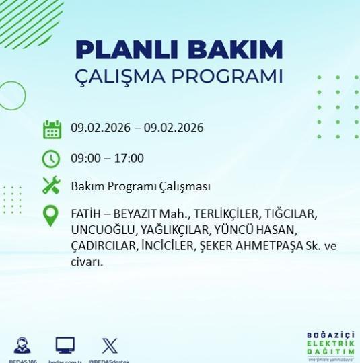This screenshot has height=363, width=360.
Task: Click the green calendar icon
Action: (x=52, y=129)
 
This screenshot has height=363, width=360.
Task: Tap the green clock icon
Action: (x=52, y=159)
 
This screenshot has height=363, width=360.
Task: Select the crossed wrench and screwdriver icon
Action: (x=52, y=186)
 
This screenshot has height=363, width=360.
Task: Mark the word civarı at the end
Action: (x=86, y=262)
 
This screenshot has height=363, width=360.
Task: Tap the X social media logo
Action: (x=109, y=346)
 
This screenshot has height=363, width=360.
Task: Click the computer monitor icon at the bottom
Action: (x=65, y=346)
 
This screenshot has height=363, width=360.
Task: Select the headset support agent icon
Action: (x=22, y=346)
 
